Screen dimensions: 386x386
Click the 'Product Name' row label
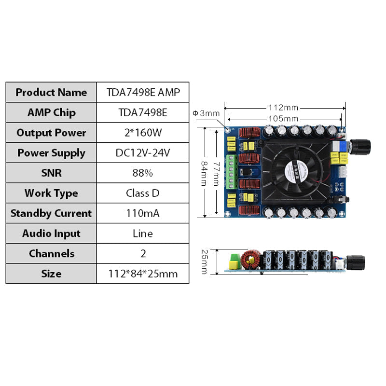coord(51,92)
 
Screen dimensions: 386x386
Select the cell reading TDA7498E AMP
coord(143,92)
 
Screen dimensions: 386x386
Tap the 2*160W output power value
coord(143,133)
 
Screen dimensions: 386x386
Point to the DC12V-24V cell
coord(143,153)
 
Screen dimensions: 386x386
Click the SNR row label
coord(51,173)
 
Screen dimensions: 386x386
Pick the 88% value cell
coord(143,173)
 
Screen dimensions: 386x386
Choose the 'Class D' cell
coord(143,193)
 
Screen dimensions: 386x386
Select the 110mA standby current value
coord(143,213)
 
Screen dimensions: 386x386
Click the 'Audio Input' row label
coord(51,234)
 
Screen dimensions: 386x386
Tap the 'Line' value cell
coord(143,234)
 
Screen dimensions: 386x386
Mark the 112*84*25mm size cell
coord(143,274)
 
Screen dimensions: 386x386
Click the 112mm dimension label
coord(283,107)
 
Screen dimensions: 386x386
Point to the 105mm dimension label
coord(283,119)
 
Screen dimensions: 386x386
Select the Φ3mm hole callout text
coord(206,113)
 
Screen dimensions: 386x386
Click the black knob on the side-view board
coord(357,262)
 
